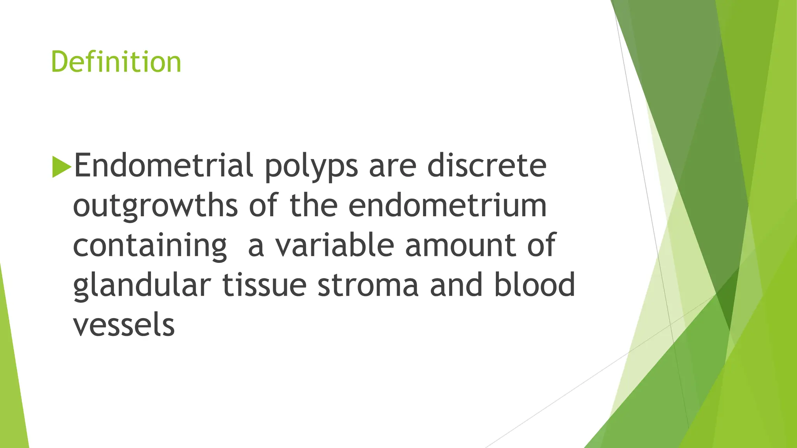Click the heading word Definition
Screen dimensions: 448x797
[116, 62]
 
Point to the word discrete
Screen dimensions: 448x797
[486, 165]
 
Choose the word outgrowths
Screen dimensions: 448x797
[155, 206]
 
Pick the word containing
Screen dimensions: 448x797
[150, 246]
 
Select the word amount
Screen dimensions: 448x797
[460, 246]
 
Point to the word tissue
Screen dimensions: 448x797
[264, 285]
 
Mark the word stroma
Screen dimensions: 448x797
[368, 285]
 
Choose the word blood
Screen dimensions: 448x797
[534, 284]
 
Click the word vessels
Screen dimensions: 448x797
[124, 325]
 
